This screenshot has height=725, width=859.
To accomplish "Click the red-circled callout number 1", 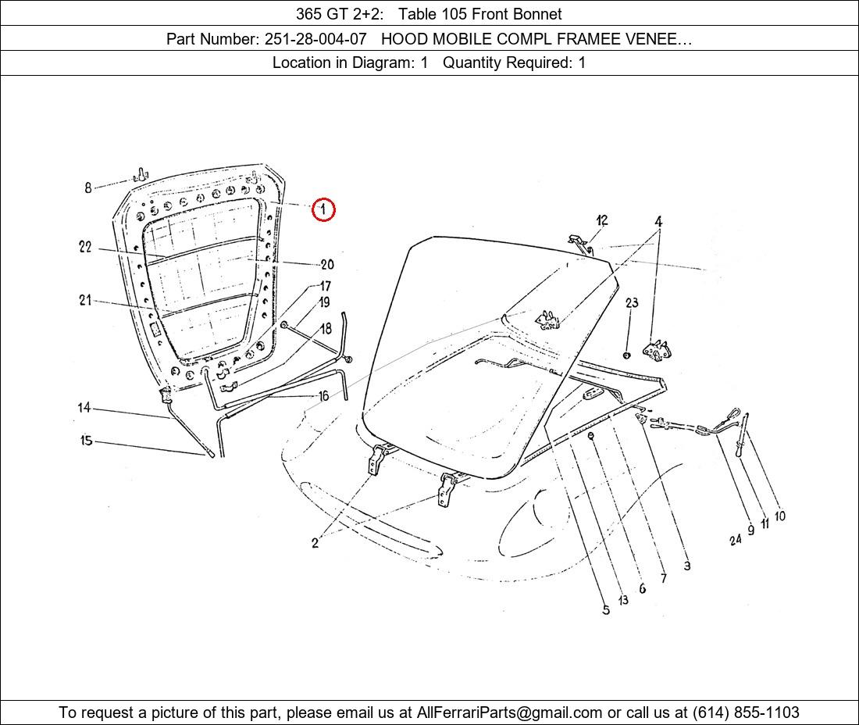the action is tap(323, 209).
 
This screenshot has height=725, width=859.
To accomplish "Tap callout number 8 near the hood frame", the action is tap(87, 188).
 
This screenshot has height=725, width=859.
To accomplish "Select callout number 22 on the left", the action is tap(85, 247).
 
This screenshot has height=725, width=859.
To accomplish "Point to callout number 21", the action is tap(85, 300).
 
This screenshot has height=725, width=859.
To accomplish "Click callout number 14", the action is tap(84, 408).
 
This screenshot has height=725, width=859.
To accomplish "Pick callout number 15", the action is tap(86, 440).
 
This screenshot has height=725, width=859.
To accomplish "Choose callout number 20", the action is tap(327, 265).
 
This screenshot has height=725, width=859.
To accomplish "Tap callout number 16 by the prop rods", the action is tap(324, 395).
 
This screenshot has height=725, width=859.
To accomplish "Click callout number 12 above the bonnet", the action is tap(602, 220).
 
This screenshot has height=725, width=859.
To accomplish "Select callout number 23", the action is tap(632, 302).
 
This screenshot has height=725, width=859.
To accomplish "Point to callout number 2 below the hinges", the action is tap(315, 543).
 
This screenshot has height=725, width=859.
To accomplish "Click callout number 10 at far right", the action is tap(779, 516).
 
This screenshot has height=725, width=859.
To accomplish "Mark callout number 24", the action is tap(735, 540).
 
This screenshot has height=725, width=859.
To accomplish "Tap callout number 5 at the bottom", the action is tap(606, 609).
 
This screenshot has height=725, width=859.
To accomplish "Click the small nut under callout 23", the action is tap(627, 355).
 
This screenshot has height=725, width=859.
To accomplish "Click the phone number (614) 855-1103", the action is tap(746, 712).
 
